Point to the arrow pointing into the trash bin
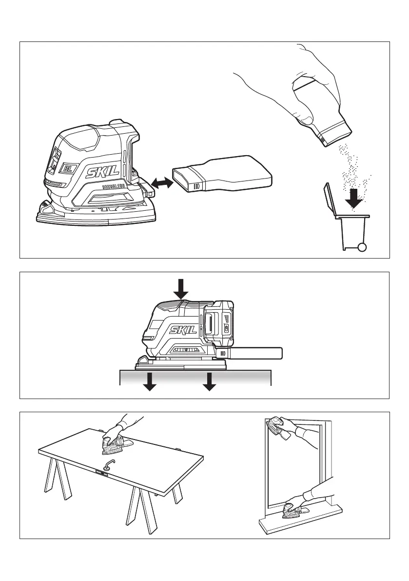pyautogui.click(x=357, y=198)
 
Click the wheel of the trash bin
pyautogui.click(x=362, y=247)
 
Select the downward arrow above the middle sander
pyautogui.click(x=181, y=288)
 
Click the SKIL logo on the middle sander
pyautogui.click(x=182, y=330)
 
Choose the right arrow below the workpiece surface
pyautogui.click(x=209, y=381)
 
